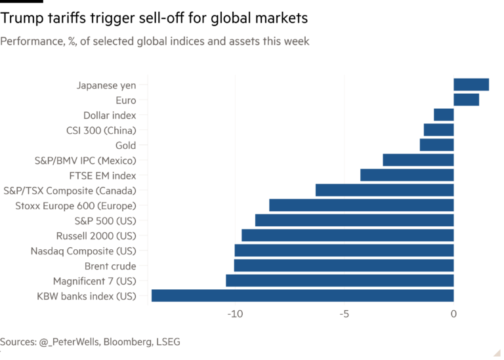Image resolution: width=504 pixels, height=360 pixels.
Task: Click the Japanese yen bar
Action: tap(471, 85)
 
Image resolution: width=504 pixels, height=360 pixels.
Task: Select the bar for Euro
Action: tap(467, 100)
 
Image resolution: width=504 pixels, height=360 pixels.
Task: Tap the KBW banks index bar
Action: tap(302, 296)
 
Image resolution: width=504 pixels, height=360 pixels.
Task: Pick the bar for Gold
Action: tap(436, 145)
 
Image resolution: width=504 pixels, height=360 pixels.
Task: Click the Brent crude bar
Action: tap(343, 266)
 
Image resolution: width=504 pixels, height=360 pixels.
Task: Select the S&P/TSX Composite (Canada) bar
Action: tap(384, 190)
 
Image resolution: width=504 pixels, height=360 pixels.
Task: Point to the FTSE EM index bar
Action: tap(406, 175)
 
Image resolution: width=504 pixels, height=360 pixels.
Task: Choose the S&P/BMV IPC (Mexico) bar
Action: tap(418, 160)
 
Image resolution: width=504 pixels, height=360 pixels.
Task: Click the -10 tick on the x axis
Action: tap(234, 314)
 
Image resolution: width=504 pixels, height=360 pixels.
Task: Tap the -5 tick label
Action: tap(344, 314)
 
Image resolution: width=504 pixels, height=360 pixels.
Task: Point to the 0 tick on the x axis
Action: tap(453, 314)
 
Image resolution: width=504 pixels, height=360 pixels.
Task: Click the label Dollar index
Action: tap(110, 115)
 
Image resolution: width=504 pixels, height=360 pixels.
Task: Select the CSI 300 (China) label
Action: tap(101, 130)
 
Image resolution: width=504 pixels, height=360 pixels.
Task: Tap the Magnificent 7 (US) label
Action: tap(94, 281)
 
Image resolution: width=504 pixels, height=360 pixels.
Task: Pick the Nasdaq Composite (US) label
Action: tap(83, 251)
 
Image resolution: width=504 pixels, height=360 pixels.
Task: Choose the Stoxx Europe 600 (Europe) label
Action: tap(75, 206)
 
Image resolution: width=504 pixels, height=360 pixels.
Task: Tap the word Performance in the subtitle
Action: tap(28, 42)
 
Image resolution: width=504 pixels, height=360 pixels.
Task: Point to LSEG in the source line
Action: tap(167, 342)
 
